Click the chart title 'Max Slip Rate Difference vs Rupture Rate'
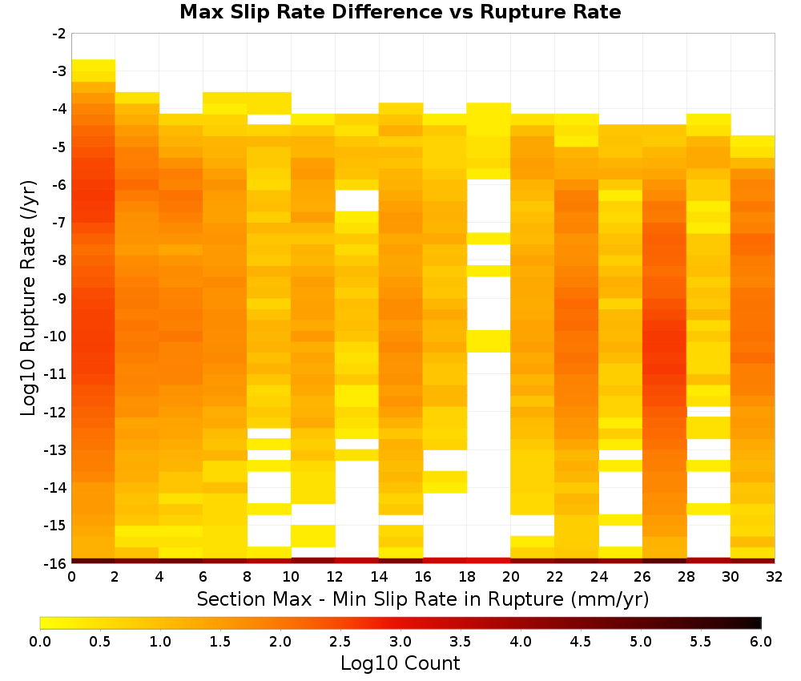(400, 12)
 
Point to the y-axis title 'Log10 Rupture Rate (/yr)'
(29, 298)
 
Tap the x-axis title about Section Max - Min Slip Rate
(422, 599)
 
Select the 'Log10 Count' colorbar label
(400, 663)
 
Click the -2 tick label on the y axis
(59, 34)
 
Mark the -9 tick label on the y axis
(59, 298)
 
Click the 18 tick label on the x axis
(467, 577)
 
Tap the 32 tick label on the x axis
(775, 577)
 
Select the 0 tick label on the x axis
(71, 577)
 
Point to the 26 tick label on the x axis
(642, 577)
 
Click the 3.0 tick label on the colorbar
(400, 641)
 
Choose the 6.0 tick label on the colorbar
(761, 641)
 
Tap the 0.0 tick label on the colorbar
(40, 641)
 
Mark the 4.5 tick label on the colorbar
(581, 641)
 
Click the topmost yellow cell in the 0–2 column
(94, 65)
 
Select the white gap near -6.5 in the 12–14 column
(357, 201)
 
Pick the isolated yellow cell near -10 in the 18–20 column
(489, 341)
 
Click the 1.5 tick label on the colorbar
(220, 641)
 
